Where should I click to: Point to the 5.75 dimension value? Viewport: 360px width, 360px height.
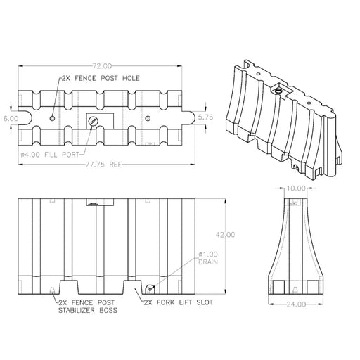205,117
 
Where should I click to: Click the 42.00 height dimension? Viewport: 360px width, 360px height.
226,234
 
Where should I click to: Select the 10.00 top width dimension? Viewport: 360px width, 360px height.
296,188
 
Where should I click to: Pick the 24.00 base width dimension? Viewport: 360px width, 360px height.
296,304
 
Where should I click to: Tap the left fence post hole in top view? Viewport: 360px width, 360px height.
52,118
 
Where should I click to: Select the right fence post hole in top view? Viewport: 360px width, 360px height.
148,117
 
